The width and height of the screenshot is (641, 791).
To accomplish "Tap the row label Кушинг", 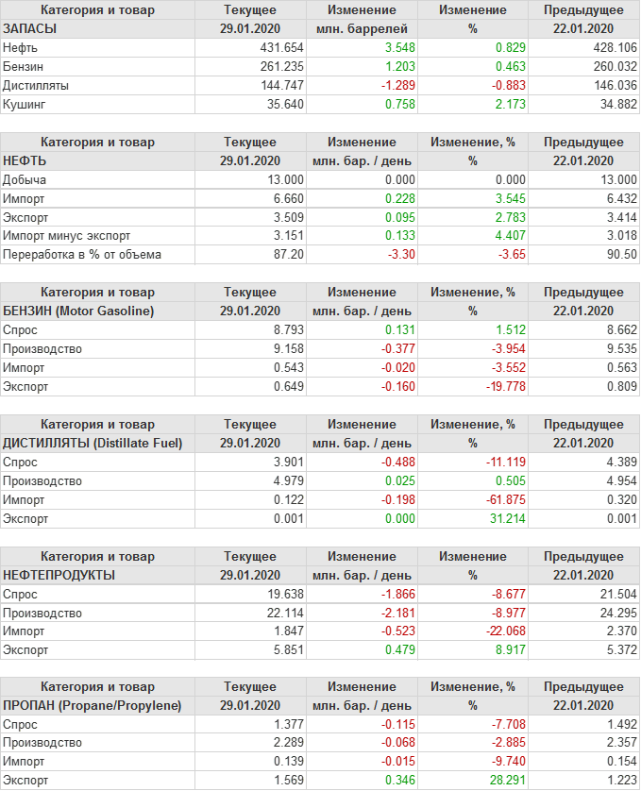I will click(x=25, y=104).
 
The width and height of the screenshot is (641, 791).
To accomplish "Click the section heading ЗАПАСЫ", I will click(x=30, y=28).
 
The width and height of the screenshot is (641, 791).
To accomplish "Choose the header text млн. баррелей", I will click(x=362, y=28).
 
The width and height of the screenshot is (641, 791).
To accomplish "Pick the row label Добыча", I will click(x=25, y=179).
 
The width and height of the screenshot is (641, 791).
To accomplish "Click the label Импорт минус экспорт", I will click(x=67, y=235).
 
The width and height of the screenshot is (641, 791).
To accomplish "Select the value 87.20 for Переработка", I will click(x=287, y=254).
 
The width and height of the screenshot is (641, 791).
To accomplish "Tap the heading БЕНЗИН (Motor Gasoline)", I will click(x=78, y=311).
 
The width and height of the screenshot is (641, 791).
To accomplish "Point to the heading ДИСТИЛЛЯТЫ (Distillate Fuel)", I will click(x=93, y=443).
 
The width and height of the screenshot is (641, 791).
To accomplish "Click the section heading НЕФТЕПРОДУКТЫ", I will click(x=59, y=575).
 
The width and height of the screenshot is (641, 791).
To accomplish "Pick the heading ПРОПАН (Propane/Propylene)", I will click(x=92, y=705).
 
